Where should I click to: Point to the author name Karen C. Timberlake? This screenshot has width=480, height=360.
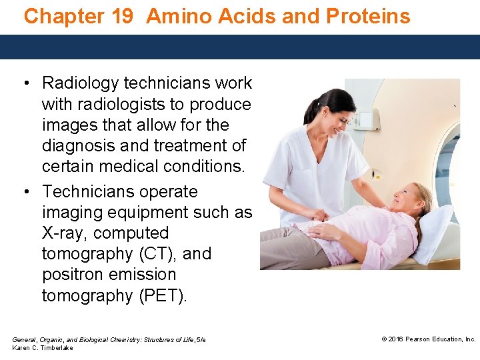(43, 348)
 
